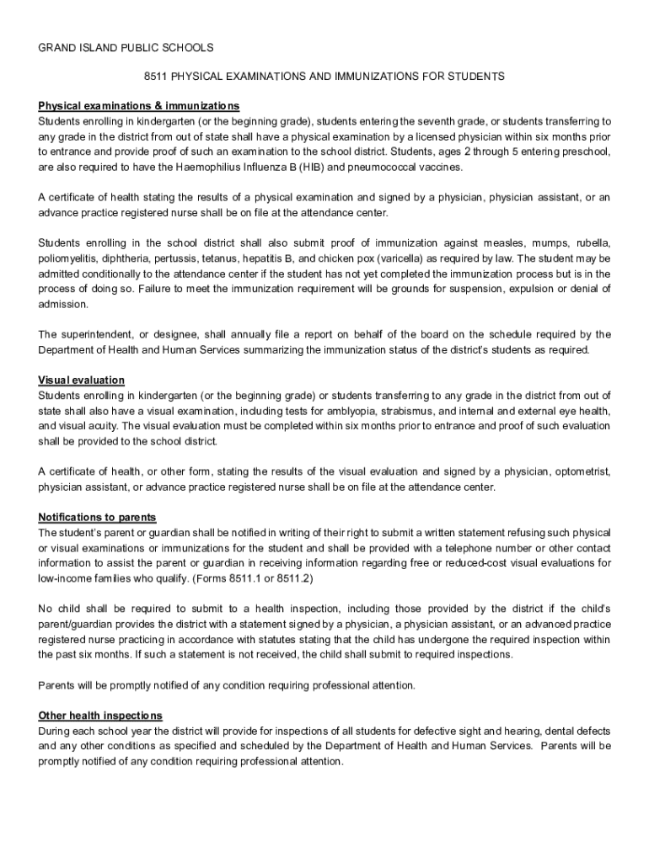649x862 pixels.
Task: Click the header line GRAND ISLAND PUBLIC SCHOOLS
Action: click(x=126, y=47)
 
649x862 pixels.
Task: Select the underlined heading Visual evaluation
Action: click(x=82, y=380)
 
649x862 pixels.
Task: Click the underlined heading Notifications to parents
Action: click(x=97, y=517)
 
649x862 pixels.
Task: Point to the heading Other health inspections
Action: click(x=100, y=716)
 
